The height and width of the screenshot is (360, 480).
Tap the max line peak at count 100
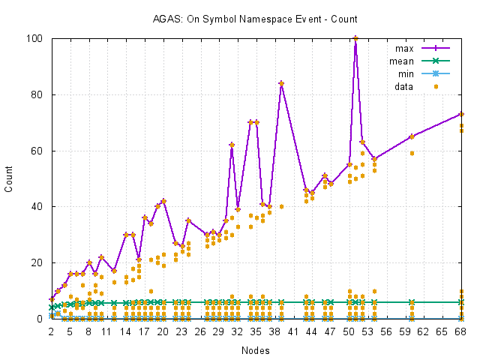[x=355, y=38]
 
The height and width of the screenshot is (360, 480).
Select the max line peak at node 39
[x=281, y=83]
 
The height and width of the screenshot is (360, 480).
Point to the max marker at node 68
[x=461, y=114]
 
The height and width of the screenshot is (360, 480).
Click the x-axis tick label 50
[x=349, y=331]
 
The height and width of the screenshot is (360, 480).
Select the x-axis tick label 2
[x=52, y=331]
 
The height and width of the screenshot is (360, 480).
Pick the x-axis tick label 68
[x=461, y=331]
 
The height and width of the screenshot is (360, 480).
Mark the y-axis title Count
[x=10, y=178]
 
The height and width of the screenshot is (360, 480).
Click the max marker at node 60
[x=412, y=136]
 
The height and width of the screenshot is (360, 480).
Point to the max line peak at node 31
[x=232, y=145]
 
